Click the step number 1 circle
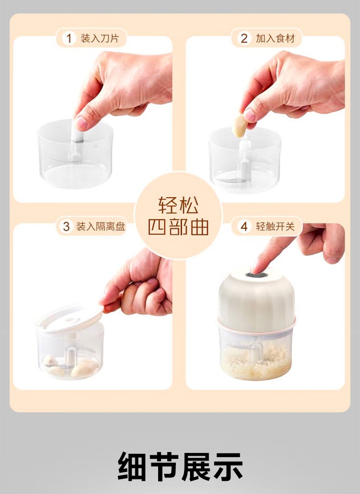69,38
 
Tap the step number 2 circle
244,38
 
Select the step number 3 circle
66,226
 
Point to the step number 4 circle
244,226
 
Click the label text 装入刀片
100,38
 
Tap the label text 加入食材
275,38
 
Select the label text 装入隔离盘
101,226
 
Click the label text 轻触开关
275,226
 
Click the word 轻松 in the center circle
178,205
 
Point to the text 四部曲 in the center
178,227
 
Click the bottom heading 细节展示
180,466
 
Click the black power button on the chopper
257,275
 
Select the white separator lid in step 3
70,319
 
